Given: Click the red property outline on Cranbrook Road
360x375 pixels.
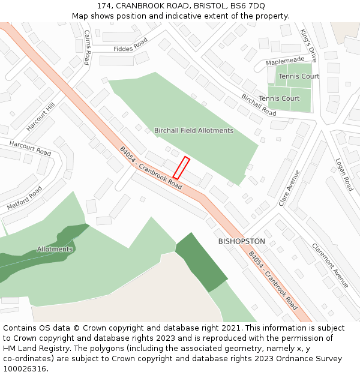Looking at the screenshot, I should [x=181, y=168].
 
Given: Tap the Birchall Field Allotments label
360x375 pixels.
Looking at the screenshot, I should [x=193, y=130].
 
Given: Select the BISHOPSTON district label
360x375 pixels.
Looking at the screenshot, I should [x=241, y=241].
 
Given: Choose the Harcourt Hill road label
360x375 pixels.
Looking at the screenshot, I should [x=40, y=116].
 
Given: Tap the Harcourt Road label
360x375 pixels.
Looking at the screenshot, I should [x=30, y=148].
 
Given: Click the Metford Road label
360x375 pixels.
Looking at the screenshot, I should [x=25, y=198].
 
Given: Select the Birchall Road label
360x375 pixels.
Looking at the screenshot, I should [x=259, y=105].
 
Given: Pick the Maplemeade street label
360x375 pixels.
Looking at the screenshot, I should [x=285, y=61].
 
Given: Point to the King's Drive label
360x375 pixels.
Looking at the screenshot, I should [x=308, y=46].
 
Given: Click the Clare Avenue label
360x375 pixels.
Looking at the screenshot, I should [x=289, y=188].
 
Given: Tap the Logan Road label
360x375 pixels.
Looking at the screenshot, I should [x=344, y=175].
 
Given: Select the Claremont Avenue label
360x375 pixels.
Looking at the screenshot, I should [x=330, y=265].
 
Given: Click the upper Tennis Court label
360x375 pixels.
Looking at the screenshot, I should [x=299, y=76].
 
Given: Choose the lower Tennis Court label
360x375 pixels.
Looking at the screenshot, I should [x=279, y=98].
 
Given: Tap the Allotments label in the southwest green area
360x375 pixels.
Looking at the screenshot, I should [x=55, y=249].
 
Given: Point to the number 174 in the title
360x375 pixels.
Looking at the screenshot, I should [x=104, y=5].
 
